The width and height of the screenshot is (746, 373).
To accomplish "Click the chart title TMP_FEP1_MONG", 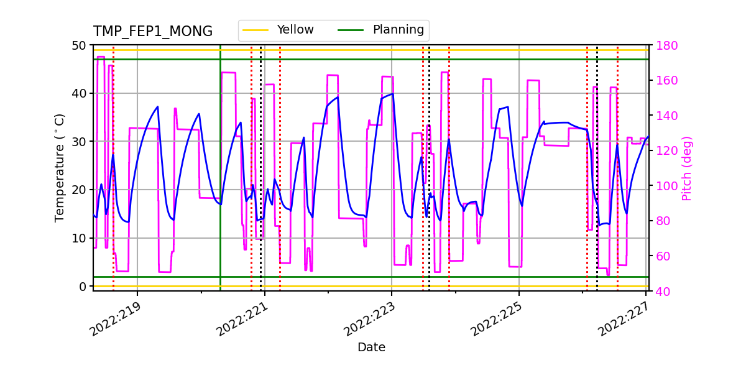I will (x=153, y=32).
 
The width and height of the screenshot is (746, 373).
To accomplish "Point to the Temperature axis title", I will (x=60, y=168).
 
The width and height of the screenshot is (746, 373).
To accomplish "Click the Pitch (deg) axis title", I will (x=686, y=168).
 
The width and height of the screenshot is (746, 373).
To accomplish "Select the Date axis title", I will (x=371, y=348).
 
